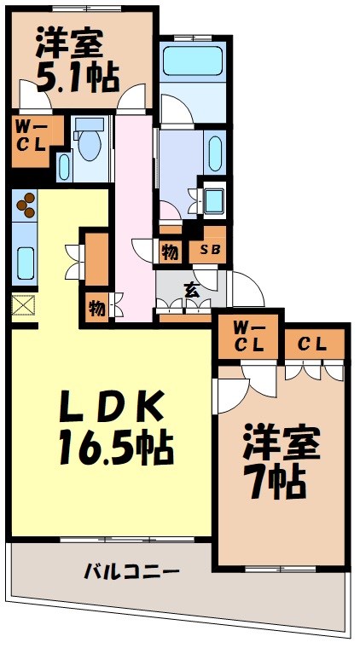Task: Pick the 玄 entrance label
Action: point(192,291)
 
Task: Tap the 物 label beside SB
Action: point(169,251)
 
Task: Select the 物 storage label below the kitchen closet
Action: point(96,307)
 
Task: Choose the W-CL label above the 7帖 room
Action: point(246,340)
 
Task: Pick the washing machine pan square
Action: point(212,202)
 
